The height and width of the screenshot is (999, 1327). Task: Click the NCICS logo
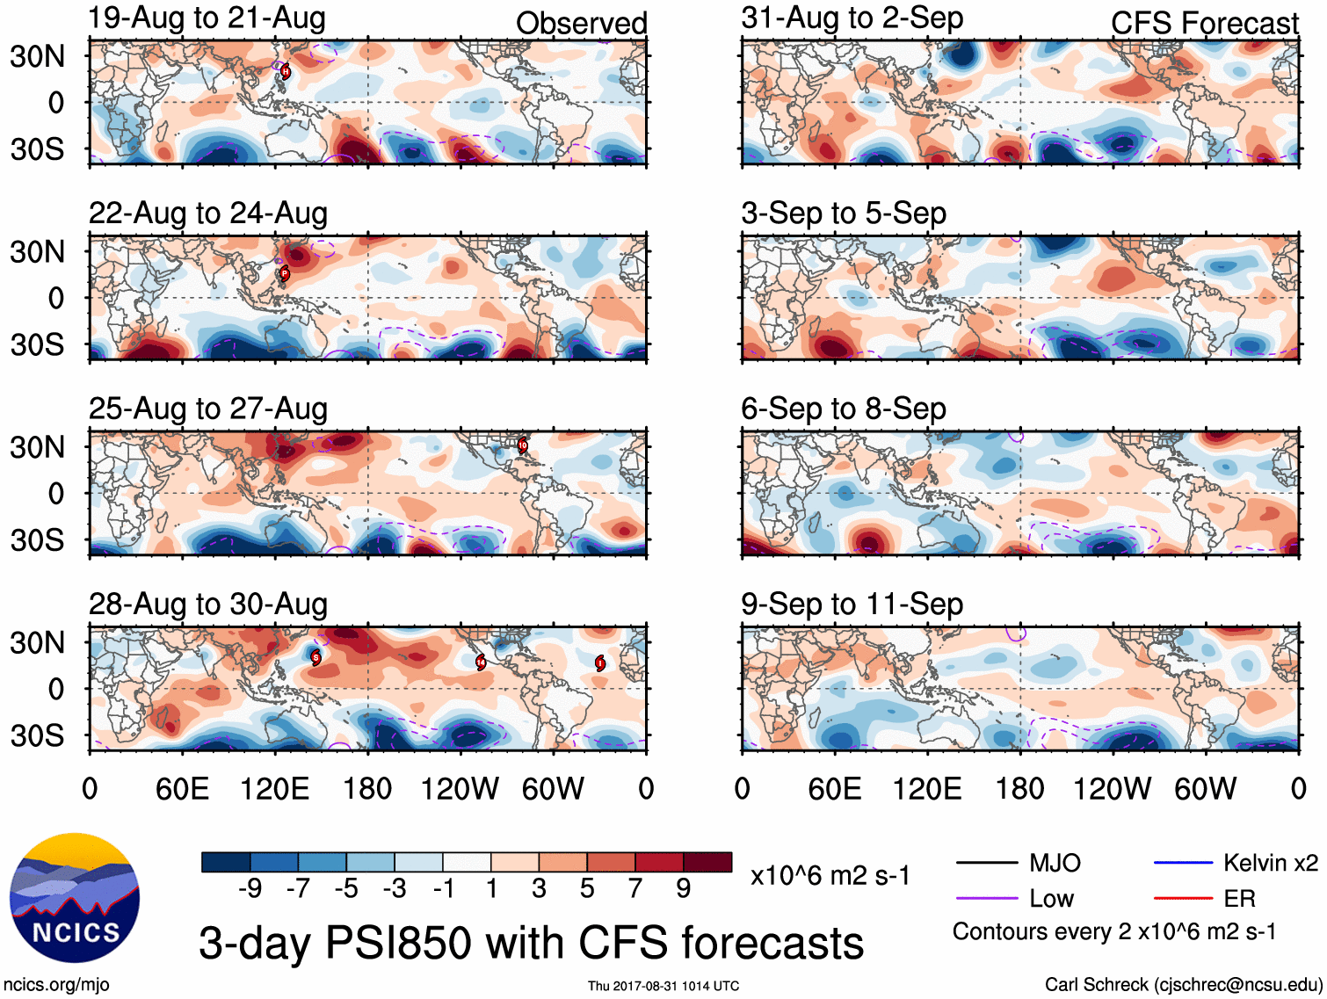click(x=75, y=897)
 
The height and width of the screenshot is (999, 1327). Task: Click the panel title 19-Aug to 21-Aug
click(x=207, y=18)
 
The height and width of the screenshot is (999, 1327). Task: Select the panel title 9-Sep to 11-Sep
click(x=852, y=604)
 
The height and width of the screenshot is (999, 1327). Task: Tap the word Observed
click(x=581, y=23)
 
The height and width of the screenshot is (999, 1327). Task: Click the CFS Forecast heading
click(x=1204, y=23)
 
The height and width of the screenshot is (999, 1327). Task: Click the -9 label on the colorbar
click(x=250, y=889)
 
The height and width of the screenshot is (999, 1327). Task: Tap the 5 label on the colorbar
click(x=587, y=889)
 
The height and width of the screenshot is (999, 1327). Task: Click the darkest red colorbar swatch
click(x=707, y=862)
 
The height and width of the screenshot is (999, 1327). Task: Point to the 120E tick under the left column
click(x=274, y=788)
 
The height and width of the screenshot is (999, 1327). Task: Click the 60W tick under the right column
click(x=1205, y=788)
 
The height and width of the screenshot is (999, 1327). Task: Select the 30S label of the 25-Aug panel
click(x=38, y=539)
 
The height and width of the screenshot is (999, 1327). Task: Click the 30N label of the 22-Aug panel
click(x=38, y=252)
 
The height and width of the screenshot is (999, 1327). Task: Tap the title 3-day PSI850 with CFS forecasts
click(x=531, y=943)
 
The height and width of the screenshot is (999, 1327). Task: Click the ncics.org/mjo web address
click(x=56, y=985)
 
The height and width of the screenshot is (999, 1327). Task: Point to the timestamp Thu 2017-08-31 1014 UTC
click(x=663, y=986)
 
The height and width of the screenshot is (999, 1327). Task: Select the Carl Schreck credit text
click(x=1183, y=985)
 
